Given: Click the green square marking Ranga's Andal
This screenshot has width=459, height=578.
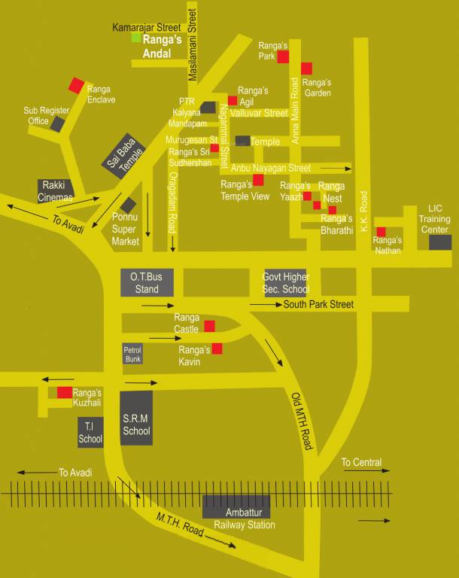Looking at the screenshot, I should coord(136,37).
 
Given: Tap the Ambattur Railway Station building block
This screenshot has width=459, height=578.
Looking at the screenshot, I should coord(236,506).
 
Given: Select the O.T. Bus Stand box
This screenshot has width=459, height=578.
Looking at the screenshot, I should coord(147,282).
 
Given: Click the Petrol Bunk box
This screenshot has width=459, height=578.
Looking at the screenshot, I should coord(132,354).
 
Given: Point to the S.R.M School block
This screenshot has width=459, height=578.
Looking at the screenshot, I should coord(136,418).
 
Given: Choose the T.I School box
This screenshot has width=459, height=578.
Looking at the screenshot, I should coord(90,432).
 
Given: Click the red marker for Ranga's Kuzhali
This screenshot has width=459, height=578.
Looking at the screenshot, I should coord(65,392).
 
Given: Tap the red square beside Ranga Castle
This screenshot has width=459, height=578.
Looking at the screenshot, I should coord(209,326).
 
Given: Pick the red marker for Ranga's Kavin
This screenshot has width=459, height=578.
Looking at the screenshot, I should coord(217,348).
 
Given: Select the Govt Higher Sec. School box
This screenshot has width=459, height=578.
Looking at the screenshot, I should coord(285,283).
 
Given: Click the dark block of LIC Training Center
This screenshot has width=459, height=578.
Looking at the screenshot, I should coord(440,242).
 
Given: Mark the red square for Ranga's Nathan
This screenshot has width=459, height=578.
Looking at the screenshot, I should coord(381,232).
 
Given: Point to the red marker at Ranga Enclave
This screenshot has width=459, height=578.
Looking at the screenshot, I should coord(76,85).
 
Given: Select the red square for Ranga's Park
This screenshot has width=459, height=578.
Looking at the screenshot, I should coord(283,57).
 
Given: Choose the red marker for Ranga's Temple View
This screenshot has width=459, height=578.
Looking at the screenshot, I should coord(258,180).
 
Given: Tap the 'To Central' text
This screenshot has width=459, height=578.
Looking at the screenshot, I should coord(361,462).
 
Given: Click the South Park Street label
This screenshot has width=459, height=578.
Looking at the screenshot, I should coord(318,305).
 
